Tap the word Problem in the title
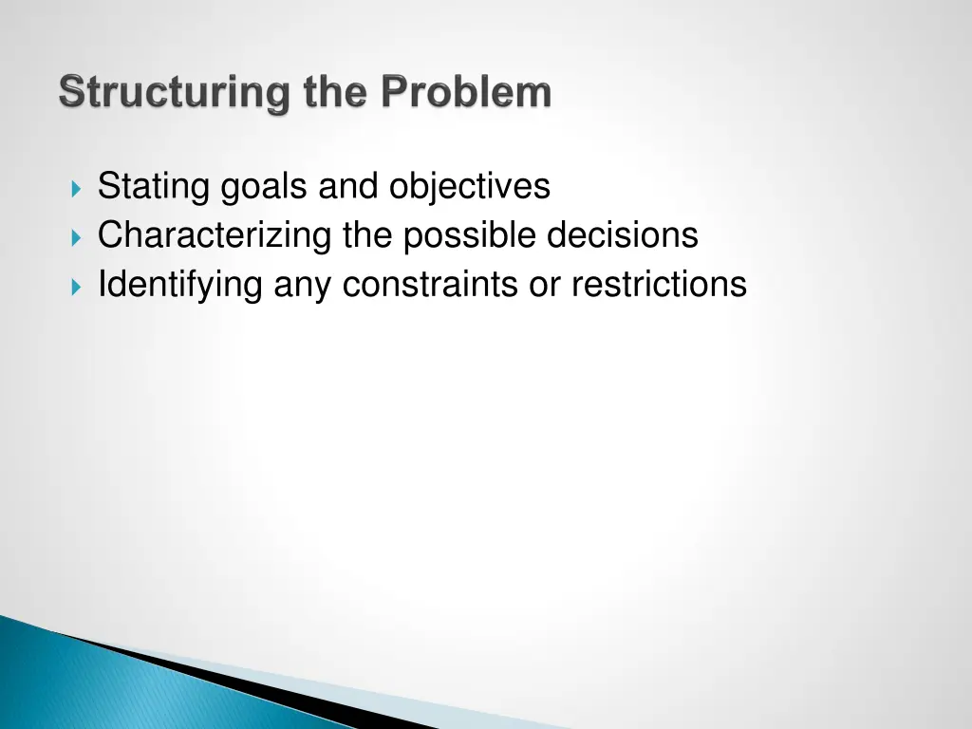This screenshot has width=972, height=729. [x=466, y=94]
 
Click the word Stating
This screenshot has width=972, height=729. [x=154, y=186]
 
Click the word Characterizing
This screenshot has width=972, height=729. [x=215, y=235]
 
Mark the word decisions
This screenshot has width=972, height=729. [x=622, y=235]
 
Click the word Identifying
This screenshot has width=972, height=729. [x=180, y=285]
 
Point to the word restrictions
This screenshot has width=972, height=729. [x=659, y=285]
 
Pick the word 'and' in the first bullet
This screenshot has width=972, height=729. [x=349, y=186]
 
